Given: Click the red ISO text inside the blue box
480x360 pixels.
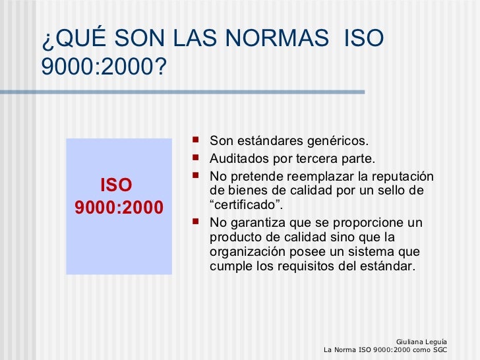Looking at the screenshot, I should (116, 185).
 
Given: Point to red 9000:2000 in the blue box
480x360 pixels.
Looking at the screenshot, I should (119, 209).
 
